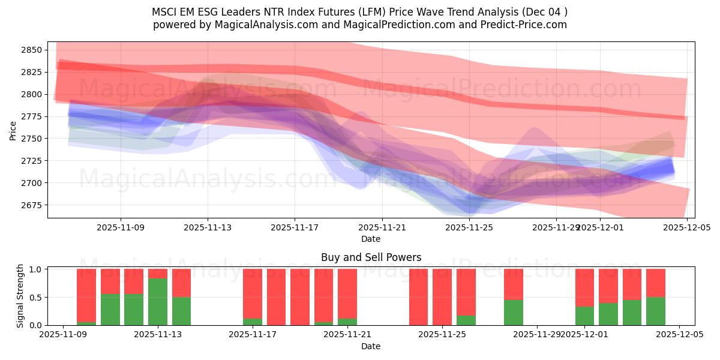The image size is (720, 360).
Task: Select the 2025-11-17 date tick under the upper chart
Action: (x=295, y=228)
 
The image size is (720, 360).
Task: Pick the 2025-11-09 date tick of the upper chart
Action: (x=121, y=228)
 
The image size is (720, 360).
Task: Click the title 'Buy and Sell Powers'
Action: (x=371, y=257)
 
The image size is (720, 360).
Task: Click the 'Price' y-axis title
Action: (x=13, y=130)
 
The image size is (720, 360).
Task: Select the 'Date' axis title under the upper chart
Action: (x=371, y=239)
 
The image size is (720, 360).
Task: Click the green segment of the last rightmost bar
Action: (x=656, y=311)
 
